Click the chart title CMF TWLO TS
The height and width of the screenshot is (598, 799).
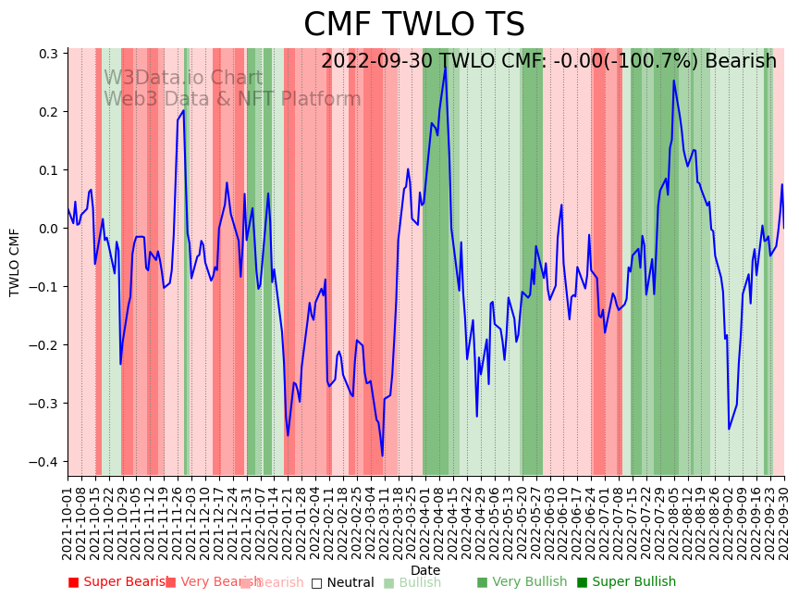pos(414,25)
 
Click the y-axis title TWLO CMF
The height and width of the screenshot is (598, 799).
pos(15,262)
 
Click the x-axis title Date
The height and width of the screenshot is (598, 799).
pos(425,570)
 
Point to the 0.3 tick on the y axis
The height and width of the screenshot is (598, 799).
pos(47,54)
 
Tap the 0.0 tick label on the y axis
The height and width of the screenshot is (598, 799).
pos(47,229)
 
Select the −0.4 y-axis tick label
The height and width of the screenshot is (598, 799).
pos(43,462)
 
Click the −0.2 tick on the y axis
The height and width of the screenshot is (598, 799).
pos(43,345)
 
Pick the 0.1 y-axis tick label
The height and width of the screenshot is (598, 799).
pos(47,170)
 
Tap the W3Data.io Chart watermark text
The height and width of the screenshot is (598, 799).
pos(183,79)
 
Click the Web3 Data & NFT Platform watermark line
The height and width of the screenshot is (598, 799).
pos(232,99)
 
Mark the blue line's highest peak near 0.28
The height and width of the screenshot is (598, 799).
pos(445,67)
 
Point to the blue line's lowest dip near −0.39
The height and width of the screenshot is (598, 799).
pos(382,455)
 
